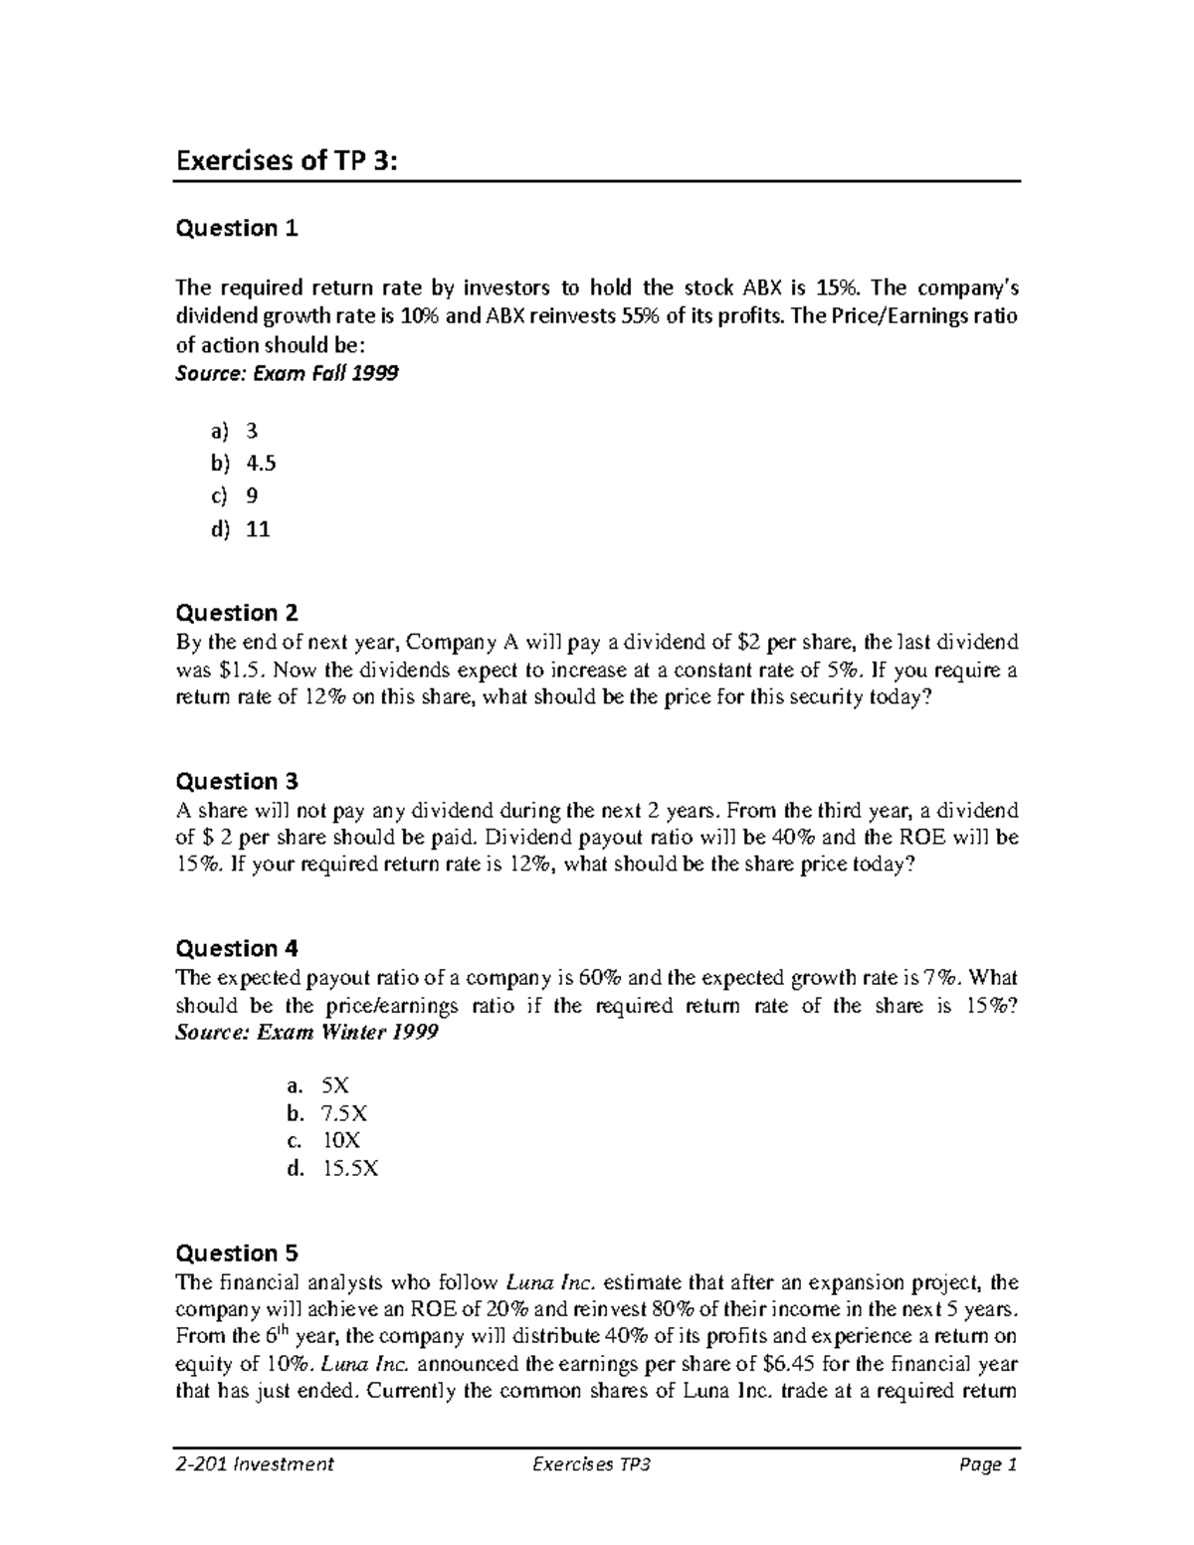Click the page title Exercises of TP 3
click(x=286, y=160)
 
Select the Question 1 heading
click(x=236, y=229)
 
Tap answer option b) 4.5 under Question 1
click(x=242, y=463)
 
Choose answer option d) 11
click(x=240, y=529)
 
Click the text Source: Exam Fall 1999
click(x=287, y=374)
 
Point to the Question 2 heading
click(x=236, y=613)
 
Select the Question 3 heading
click(x=236, y=781)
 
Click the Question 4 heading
click(x=236, y=948)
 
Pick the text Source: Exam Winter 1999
click(x=306, y=1033)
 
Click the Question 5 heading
click(x=236, y=1254)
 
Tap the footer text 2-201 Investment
click(x=254, y=1464)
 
